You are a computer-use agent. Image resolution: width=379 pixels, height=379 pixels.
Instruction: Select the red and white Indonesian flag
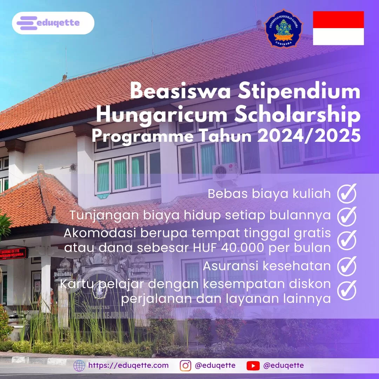tap(338, 28)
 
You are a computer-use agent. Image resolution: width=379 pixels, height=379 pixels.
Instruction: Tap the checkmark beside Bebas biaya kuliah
tap(347, 193)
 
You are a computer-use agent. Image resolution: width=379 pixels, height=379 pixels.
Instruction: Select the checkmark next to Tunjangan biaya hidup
tap(347, 216)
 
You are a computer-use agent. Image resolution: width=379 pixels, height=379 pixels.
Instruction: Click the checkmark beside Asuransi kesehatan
tap(347, 266)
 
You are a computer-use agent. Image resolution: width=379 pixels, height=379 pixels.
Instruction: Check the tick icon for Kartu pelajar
tap(347, 290)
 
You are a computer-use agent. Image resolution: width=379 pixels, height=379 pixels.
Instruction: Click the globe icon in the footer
tap(79, 366)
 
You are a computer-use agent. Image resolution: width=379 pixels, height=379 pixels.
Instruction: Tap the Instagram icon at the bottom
tap(186, 366)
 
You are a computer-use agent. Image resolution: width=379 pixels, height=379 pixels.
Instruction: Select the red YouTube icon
tap(253, 366)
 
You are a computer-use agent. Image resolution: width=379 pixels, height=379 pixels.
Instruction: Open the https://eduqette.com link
tap(128, 366)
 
